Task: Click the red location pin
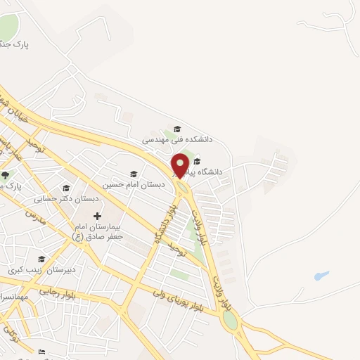(180, 165)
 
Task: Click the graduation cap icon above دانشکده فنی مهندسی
(177, 129)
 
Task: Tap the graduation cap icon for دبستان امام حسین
(134, 174)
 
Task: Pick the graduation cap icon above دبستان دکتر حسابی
(66, 188)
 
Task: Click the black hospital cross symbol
(97, 216)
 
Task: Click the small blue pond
(321, 276)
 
